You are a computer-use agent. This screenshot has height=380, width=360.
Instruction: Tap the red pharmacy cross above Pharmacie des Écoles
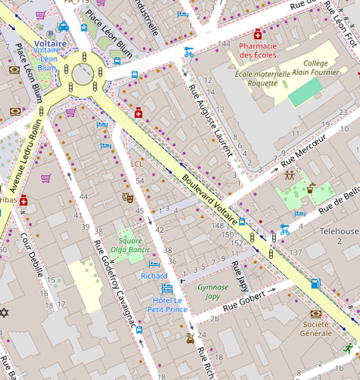257,35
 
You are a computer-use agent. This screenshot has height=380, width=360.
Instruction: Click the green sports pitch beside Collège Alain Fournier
305,92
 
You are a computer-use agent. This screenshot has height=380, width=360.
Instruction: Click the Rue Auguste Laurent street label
210,123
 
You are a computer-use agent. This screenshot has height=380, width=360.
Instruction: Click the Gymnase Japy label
212,291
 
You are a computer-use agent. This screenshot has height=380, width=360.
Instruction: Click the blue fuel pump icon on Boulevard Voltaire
315,283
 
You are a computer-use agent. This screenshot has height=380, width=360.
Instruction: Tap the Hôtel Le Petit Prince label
170,304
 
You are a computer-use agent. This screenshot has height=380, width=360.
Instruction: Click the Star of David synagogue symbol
5,314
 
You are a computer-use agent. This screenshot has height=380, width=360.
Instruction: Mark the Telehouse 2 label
338,236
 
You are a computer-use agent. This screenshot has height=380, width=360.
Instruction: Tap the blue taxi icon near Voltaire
63,27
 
